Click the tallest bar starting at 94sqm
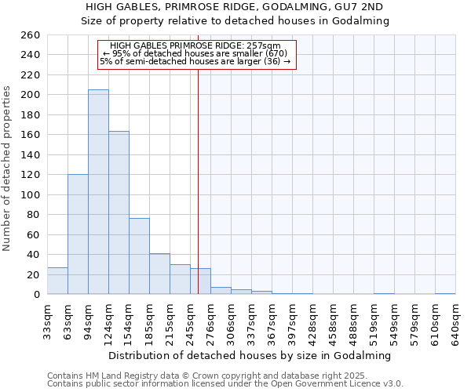coord(98,192)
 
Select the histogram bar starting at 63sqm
coord(78,234)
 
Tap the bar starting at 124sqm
coord(119,212)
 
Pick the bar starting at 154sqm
coord(139,256)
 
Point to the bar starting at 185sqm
coord(159,274)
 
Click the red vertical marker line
coord(198,157)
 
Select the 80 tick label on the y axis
coord(33,215)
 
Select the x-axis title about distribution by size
coord(250,355)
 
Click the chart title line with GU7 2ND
coord(235,7)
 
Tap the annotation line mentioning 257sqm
coord(195,46)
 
